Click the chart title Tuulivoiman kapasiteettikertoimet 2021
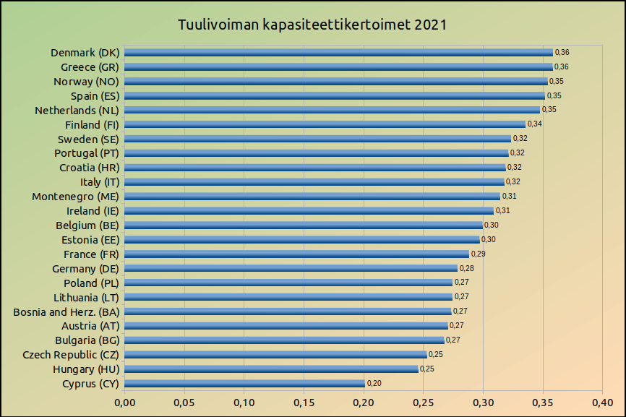coord(312,25)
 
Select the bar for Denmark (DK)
coord(338,53)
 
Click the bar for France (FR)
coord(296,254)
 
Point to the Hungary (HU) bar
coord(271,369)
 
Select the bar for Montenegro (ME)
coord(312,197)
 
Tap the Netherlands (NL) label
coord(77,111)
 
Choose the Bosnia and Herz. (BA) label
coord(66,311)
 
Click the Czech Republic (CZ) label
coord(71,355)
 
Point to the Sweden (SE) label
coord(88,139)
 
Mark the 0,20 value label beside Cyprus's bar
coord(374,384)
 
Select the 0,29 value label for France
coord(478,254)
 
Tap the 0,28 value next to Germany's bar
coord(466,269)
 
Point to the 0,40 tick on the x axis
coord(602,402)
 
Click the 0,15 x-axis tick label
coord(304,402)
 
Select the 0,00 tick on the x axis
coord(124,402)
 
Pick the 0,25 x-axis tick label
coord(423,402)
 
